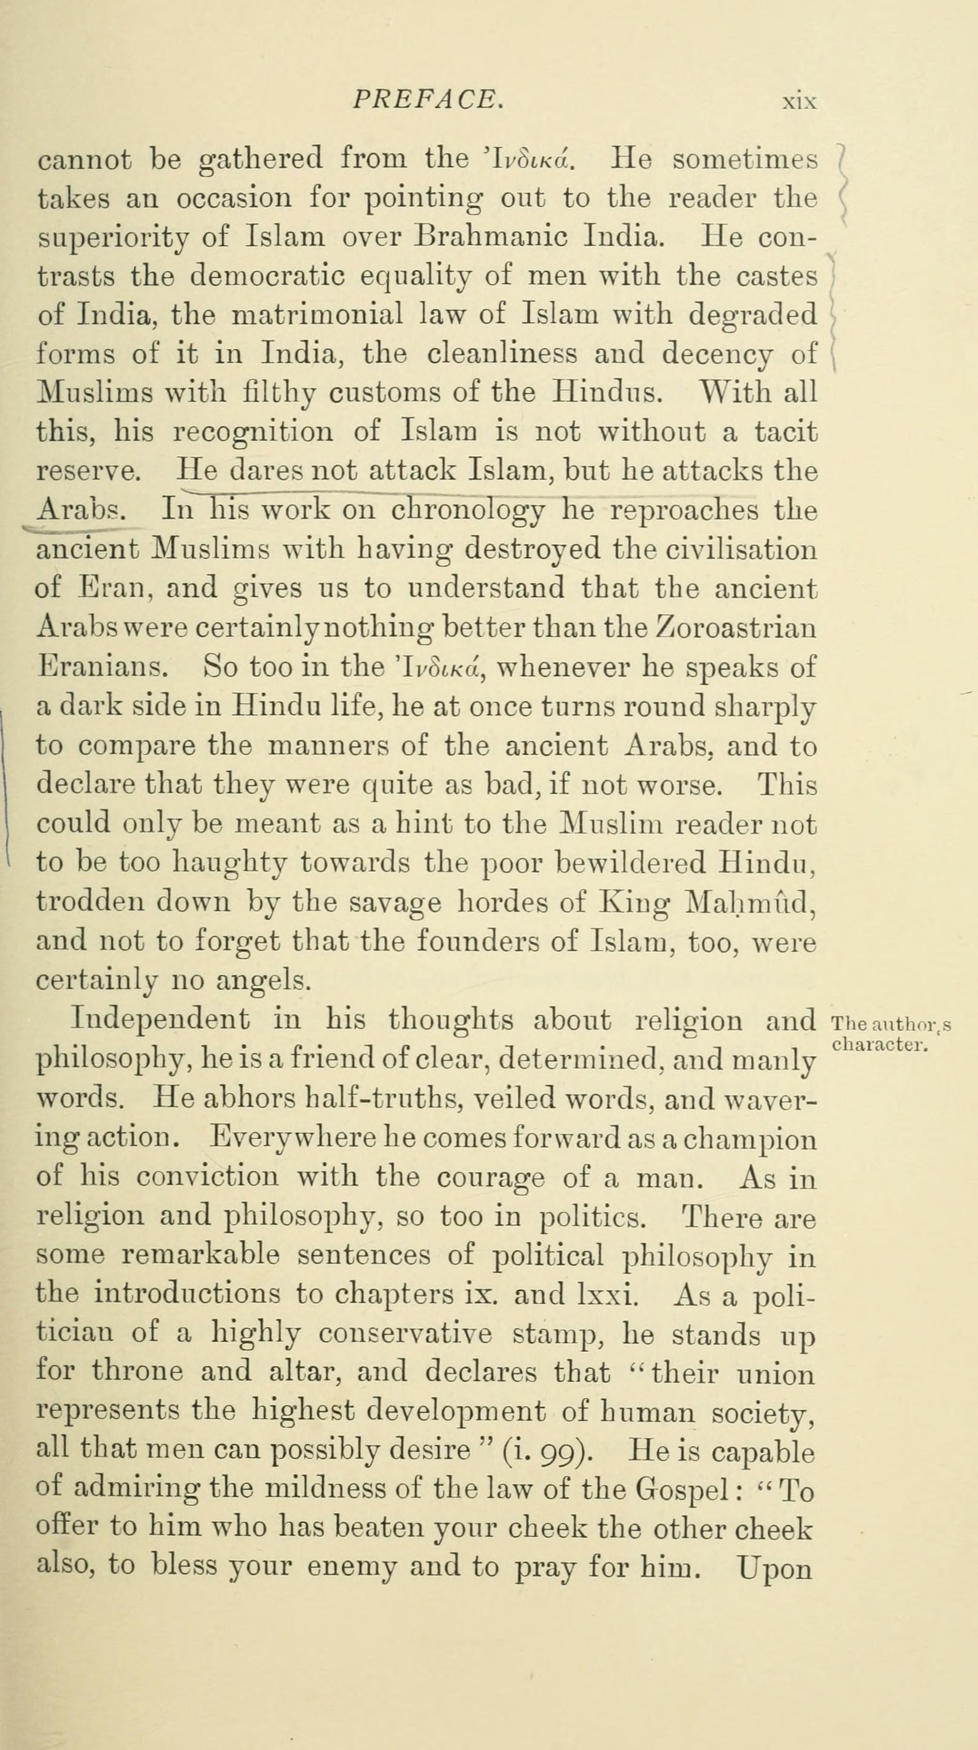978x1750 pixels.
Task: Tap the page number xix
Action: (798, 103)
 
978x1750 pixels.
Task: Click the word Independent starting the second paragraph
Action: (160, 1020)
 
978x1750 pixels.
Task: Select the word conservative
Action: (405, 1334)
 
